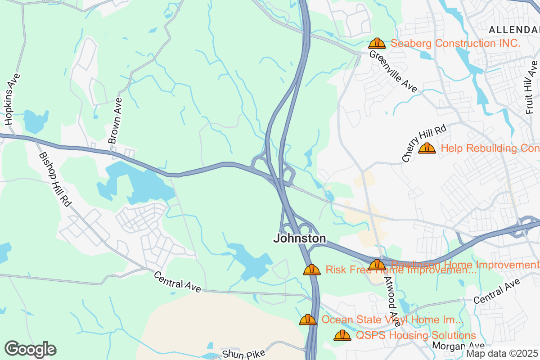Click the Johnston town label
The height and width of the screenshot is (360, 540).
(299, 238)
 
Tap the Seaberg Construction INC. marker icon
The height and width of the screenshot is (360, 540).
(377, 44)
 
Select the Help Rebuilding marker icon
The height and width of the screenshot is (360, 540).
(427, 148)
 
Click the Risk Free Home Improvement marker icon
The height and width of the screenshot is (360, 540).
(311, 270)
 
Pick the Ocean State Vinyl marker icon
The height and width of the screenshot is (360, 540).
(308, 320)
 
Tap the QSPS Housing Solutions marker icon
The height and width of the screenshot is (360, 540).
(342, 336)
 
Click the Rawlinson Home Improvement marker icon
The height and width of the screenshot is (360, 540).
(377, 265)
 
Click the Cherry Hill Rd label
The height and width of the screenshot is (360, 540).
(424, 144)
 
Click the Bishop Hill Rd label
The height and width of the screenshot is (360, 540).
(55, 179)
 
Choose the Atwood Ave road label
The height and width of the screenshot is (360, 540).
(392, 301)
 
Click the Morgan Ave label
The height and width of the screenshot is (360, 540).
(458, 346)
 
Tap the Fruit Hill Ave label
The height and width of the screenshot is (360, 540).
(531, 87)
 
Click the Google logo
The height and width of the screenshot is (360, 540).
(30, 349)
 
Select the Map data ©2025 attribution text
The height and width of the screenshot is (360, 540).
(502, 353)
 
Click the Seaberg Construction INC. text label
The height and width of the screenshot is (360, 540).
(455, 44)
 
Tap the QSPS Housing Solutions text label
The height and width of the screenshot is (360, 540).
(416, 336)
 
